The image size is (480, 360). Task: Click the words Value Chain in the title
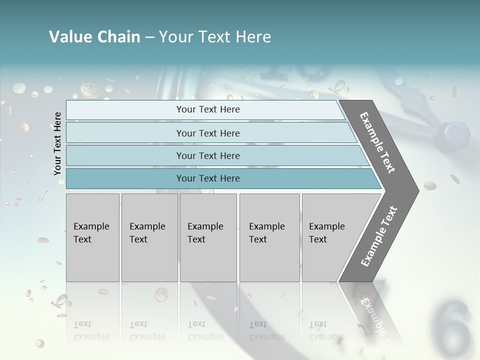click(94, 37)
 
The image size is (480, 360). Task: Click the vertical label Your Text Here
click(58, 143)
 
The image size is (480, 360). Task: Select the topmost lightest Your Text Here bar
click(207, 109)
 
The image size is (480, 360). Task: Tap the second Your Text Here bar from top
click(207, 133)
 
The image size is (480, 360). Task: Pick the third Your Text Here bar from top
click(207, 155)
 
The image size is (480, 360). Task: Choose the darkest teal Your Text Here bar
click(207, 178)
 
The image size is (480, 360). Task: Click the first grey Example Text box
click(92, 237)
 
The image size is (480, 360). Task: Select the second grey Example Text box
click(149, 237)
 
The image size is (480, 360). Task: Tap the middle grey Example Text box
click(208, 237)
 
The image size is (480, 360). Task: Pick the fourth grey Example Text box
click(269, 237)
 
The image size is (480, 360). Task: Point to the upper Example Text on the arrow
click(377, 142)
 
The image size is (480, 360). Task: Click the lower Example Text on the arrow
click(379, 236)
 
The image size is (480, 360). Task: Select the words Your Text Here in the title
click(215, 37)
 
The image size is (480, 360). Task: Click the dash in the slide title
click(149, 37)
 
